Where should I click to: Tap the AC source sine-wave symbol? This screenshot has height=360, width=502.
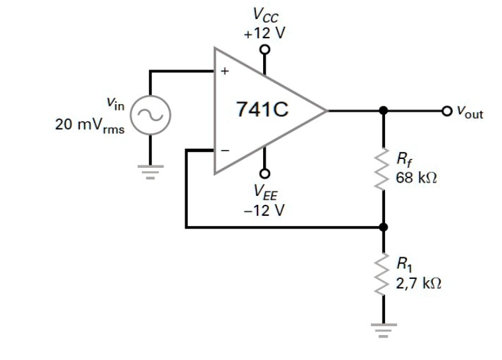pyautogui.click(x=151, y=116)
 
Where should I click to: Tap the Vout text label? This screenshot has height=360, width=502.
pyautogui.click(x=469, y=114)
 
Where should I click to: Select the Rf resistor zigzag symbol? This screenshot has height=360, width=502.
pyautogui.click(x=383, y=168)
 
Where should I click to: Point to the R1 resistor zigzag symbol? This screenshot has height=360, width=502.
pyautogui.click(x=383, y=271)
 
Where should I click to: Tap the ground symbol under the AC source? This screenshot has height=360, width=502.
pyautogui.click(x=151, y=171)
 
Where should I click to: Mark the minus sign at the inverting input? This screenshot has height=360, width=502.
pyautogui.click(x=224, y=151)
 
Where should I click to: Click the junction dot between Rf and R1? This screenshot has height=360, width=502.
pyautogui.click(x=383, y=227)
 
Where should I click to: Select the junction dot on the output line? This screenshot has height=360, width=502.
pyautogui.click(x=383, y=110)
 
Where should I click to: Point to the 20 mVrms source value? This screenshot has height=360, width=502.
pyautogui.click(x=89, y=124)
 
